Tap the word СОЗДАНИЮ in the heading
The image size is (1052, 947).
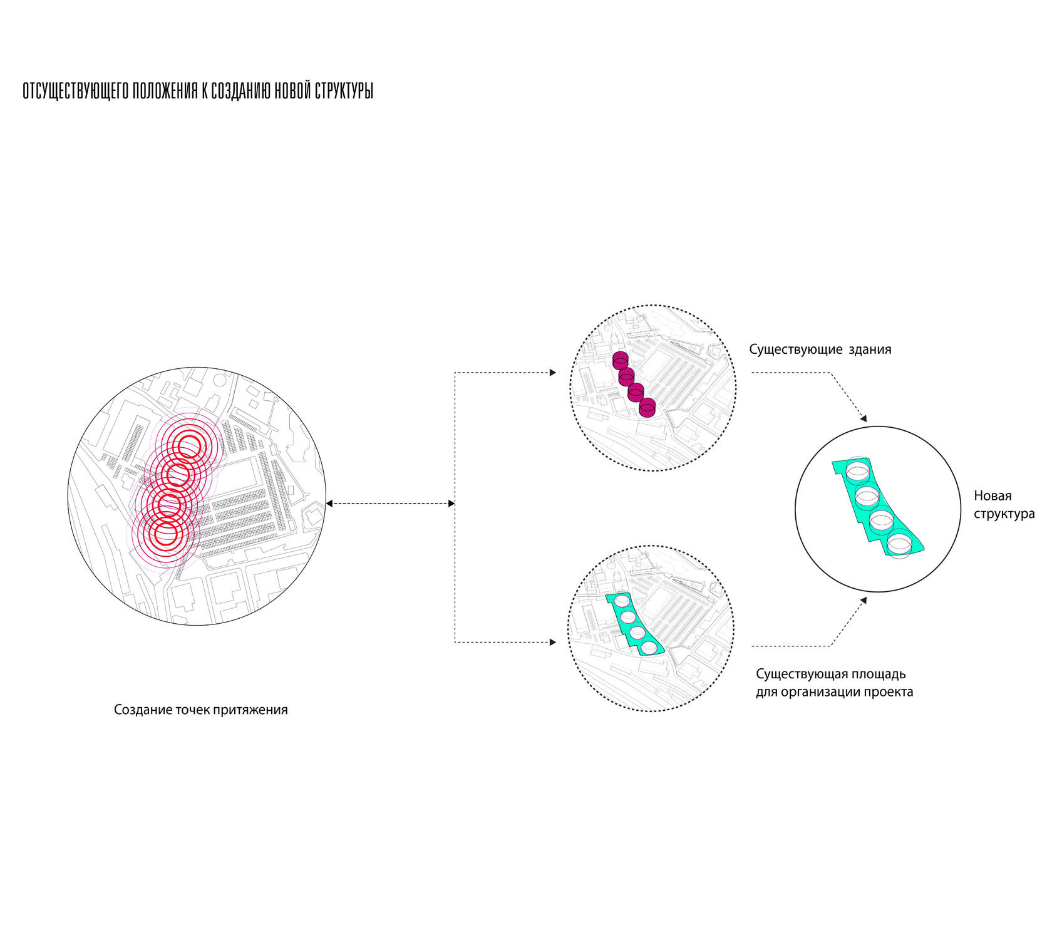[x=241, y=91]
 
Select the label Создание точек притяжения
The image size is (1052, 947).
[x=200, y=710]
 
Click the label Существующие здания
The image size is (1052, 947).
[x=820, y=349]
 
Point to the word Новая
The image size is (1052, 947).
[x=993, y=496]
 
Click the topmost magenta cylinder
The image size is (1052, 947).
[x=620, y=360]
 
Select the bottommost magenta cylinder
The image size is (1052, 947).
[x=647, y=407]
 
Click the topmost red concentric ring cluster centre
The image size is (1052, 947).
[x=188, y=447]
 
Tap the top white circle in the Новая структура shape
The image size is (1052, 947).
[x=857, y=470]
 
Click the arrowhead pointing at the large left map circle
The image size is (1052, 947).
[x=329, y=504]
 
